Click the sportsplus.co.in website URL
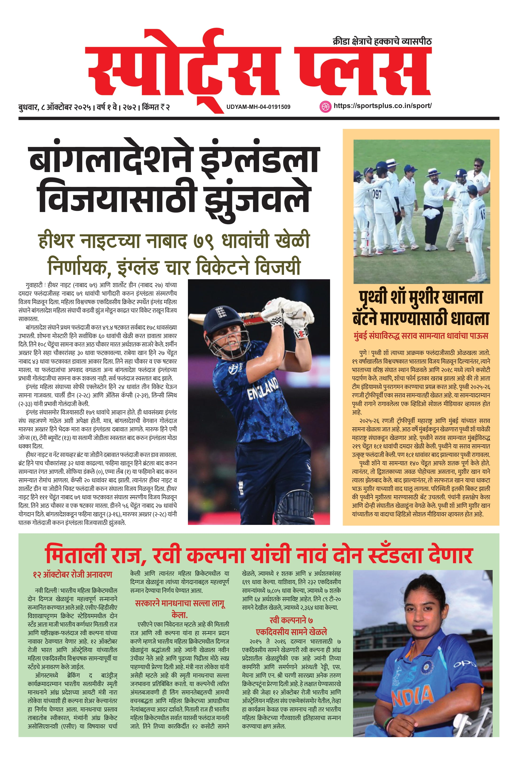click(382, 106)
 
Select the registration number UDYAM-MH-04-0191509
click(258, 107)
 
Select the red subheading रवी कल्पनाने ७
click(291, 620)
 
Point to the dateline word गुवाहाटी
click(34, 285)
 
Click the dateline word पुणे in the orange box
click(363, 353)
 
